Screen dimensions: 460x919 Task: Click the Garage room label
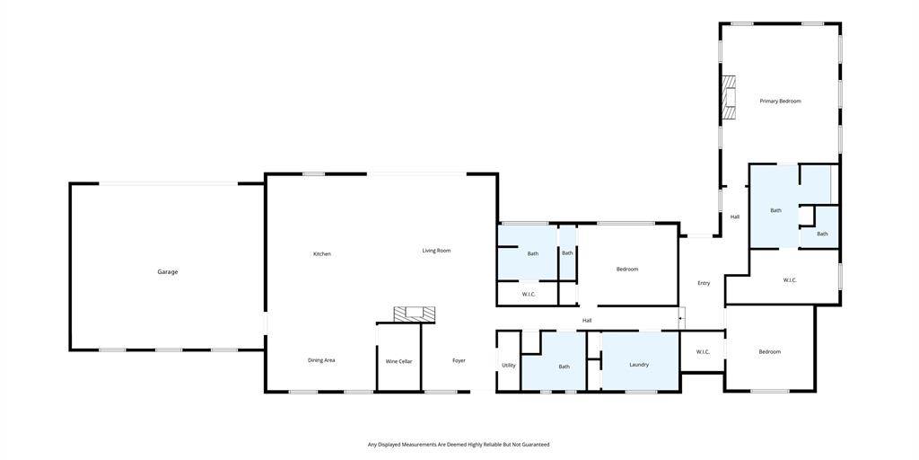(x=168, y=271)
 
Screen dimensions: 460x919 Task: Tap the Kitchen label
(x=321, y=253)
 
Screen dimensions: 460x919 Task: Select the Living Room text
(x=436, y=251)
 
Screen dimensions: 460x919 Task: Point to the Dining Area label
(x=321, y=360)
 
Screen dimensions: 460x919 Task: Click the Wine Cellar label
(x=398, y=361)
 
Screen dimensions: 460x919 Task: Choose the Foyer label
(x=459, y=360)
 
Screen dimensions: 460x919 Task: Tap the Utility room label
(x=509, y=365)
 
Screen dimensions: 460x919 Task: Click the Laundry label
(x=639, y=364)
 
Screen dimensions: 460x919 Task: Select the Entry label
(x=704, y=283)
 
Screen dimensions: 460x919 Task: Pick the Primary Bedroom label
(x=780, y=101)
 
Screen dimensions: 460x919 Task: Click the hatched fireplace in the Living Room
(x=415, y=314)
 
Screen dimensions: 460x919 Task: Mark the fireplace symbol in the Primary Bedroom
(x=730, y=97)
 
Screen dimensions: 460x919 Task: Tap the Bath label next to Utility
(x=565, y=367)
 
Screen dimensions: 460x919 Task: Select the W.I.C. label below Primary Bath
(x=790, y=280)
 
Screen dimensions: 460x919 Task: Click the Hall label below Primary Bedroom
(x=735, y=217)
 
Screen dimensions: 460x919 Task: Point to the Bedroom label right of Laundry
(x=769, y=351)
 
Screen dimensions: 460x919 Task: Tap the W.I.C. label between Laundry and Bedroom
(x=702, y=351)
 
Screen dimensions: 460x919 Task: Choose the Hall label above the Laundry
(x=587, y=320)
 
